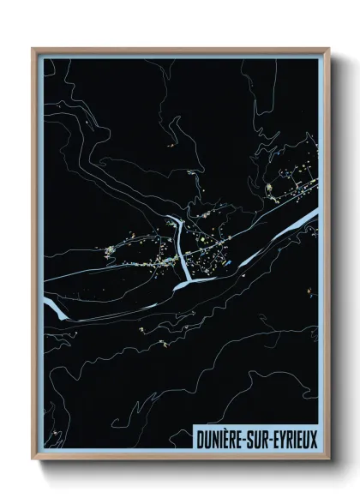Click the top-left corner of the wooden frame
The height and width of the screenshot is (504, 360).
[x=33, y=49]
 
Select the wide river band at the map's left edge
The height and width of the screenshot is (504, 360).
[x=53, y=306]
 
